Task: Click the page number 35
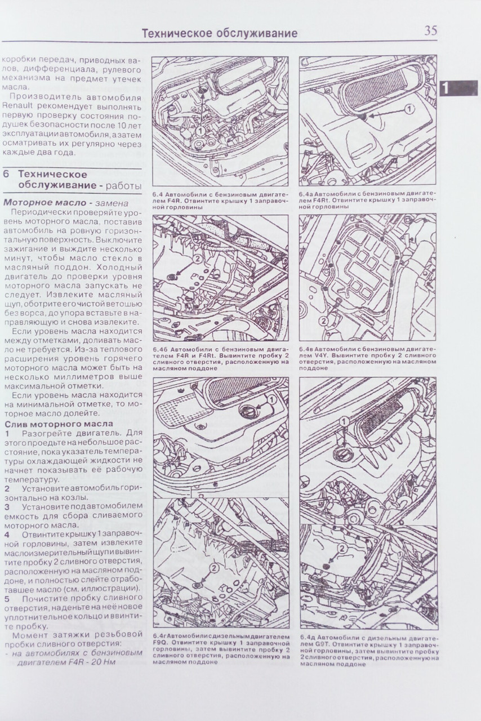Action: (430, 31)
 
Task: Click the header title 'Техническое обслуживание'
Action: (220, 33)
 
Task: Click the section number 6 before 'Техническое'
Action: (6, 175)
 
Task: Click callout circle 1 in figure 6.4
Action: (200, 130)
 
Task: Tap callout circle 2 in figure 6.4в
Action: (323, 321)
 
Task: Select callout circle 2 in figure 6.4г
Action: (215, 569)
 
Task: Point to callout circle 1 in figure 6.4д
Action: (344, 421)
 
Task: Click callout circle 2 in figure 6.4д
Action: (342, 549)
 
